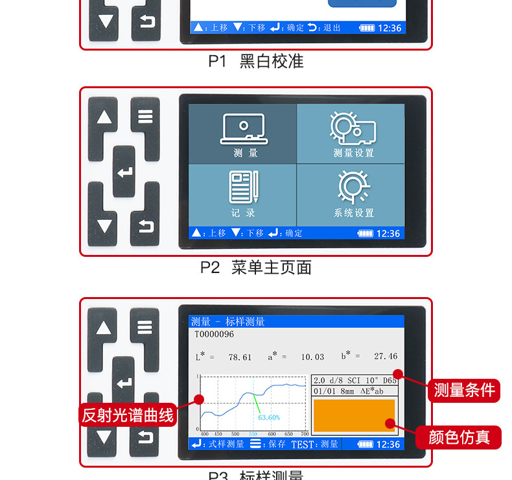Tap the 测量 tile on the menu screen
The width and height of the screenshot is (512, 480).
(x=243, y=134)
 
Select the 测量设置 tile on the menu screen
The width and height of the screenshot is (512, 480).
(x=351, y=134)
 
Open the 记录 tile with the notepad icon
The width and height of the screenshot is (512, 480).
(x=243, y=194)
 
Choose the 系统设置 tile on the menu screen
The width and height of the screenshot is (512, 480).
(x=351, y=194)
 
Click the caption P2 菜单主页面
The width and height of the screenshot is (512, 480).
(x=255, y=267)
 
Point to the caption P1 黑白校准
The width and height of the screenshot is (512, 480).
(x=255, y=62)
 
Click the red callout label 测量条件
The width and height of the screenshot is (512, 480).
(x=464, y=390)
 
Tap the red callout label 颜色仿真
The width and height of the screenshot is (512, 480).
(x=464, y=437)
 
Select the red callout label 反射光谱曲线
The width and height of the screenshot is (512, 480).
(x=128, y=414)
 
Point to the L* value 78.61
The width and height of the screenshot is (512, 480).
(x=240, y=357)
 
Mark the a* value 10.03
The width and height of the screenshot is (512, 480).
(x=312, y=357)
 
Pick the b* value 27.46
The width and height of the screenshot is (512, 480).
(x=386, y=357)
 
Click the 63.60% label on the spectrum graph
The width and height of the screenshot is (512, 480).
(x=269, y=417)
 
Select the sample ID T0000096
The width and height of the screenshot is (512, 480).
(x=214, y=335)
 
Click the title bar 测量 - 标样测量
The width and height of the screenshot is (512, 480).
(x=228, y=322)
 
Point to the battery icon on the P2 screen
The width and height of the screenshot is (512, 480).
(x=366, y=234)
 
